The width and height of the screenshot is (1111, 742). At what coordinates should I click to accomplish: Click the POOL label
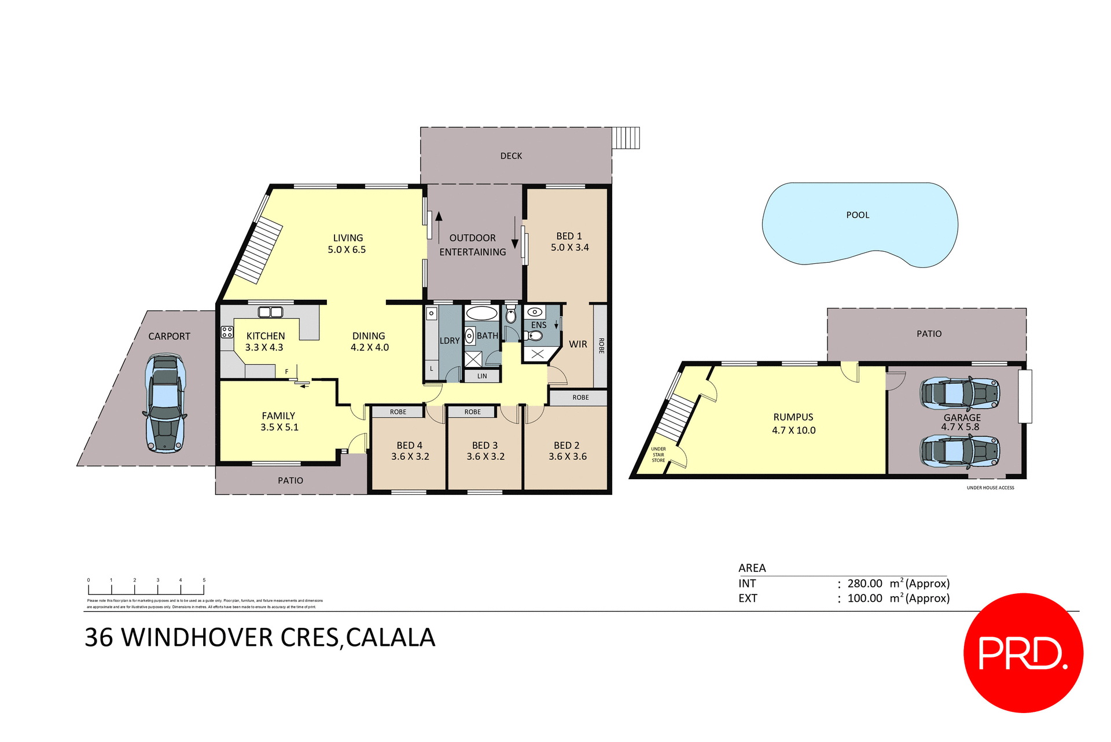pos(858,215)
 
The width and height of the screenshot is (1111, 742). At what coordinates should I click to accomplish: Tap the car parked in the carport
pos(165,403)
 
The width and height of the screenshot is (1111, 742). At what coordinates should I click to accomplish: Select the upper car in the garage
pos(959,394)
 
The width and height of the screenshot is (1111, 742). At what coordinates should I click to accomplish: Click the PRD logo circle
pos(1023,652)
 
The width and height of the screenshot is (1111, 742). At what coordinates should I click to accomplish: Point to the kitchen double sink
pos(270,313)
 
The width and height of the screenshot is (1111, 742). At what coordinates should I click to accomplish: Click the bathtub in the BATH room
pos(481,314)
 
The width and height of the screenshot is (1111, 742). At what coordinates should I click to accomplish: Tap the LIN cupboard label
pos(482,376)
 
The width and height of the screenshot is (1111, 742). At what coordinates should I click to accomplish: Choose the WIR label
pos(577,344)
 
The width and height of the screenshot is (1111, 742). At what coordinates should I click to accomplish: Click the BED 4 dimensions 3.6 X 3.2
pos(410,457)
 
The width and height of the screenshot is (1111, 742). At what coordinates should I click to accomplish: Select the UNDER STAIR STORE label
pos(658,454)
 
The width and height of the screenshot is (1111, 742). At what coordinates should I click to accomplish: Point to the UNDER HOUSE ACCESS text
pos(990,488)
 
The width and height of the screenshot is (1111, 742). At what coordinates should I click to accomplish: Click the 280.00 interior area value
pos(864,583)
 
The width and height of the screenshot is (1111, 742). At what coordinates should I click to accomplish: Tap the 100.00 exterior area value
pos(864,598)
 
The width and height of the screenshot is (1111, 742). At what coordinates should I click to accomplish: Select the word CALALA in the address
pos(391,638)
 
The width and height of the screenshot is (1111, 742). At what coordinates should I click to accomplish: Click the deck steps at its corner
pos(626,138)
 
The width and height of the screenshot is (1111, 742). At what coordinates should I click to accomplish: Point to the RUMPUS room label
pos(793,417)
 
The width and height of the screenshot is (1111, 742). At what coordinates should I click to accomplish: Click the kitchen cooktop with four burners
pos(227,332)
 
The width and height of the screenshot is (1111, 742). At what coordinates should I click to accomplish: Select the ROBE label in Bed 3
pos(472,412)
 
